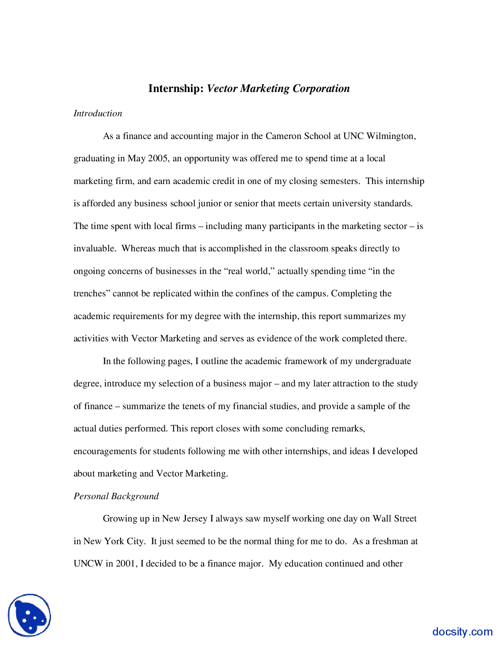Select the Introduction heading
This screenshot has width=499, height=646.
98,114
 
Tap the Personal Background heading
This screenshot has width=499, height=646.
116,496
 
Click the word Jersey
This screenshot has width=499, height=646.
195,519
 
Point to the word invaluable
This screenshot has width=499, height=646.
94,249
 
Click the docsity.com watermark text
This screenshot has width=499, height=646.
462,632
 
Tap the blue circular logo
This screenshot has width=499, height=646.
29,615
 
